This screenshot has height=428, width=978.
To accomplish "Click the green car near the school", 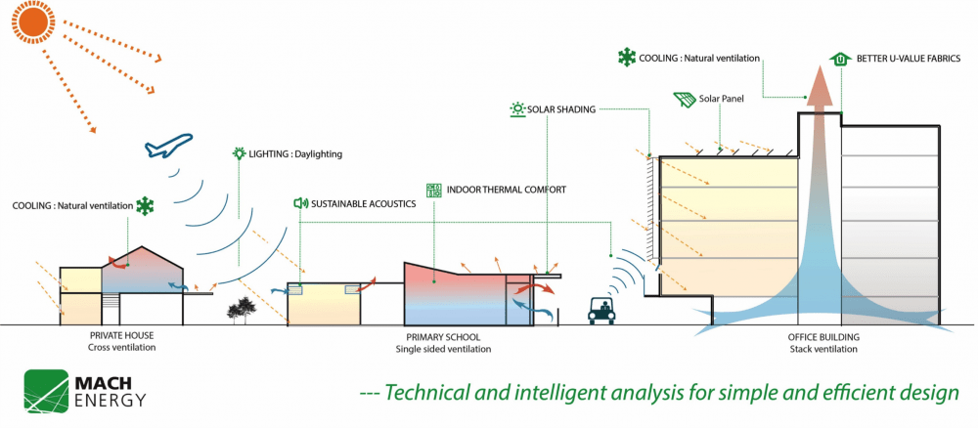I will pyautogui.click(x=600, y=313).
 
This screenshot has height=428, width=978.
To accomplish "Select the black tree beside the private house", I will pyautogui.click(x=239, y=311).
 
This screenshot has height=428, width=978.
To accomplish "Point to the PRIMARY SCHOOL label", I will pyautogui.click(x=442, y=336).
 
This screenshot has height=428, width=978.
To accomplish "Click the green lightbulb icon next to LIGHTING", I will pyautogui.click(x=238, y=153).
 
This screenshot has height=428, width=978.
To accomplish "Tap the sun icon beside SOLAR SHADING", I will pyautogui.click(x=516, y=109).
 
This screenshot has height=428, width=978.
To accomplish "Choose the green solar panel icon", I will pyautogui.click(x=685, y=100).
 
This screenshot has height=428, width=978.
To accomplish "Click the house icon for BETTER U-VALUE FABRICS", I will pyautogui.click(x=839, y=59).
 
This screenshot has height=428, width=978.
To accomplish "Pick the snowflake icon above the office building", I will pyautogui.click(x=625, y=59).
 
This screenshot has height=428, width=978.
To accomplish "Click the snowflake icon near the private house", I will pyautogui.click(x=146, y=205).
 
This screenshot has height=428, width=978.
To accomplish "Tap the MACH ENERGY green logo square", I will pyautogui.click(x=46, y=391).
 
